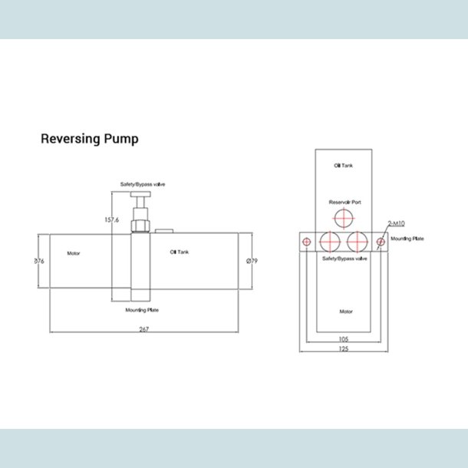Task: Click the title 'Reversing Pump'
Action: [89, 140]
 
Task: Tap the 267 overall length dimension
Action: [143, 329]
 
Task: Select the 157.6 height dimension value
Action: [111, 219]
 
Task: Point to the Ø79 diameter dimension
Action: [251, 262]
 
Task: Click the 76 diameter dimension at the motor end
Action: [39, 262]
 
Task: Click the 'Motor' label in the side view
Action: [74, 252]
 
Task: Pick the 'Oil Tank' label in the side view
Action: [180, 252]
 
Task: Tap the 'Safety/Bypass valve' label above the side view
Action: [143, 185]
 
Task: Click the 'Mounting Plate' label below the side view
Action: [141, 311]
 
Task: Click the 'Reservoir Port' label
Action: [344, 203]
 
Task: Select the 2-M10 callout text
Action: [397, 223]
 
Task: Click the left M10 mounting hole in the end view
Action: [307, 242]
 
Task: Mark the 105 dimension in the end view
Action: [344, 338]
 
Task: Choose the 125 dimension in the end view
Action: [344, 349]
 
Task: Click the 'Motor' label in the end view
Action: [345, 312]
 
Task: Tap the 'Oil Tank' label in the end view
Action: [343, 166]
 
